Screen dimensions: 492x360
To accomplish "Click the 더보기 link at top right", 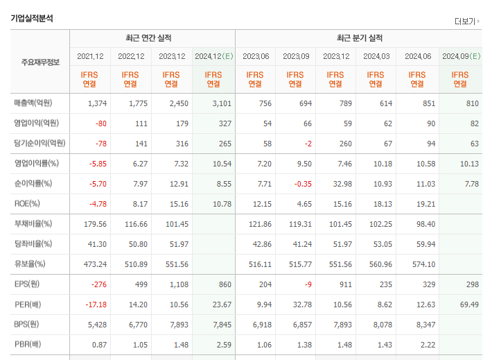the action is click(466, 22).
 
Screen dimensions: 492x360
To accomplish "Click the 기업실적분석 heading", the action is click(32, 18).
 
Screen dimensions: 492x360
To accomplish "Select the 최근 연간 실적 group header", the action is click(148, 38).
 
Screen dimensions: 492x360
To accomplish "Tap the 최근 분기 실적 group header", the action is click(360, 38).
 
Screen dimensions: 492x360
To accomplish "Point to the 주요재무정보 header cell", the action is click(40, 62).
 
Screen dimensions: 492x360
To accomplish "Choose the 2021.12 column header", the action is click(90, 56).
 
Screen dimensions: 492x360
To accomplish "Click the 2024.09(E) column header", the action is click(462, 56).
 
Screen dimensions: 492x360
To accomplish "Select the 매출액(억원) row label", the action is click(33, 103).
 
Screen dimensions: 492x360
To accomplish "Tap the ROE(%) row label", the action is click(27, 203).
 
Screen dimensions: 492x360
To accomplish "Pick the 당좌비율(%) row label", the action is click(33, 243).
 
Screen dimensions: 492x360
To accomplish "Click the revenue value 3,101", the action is click(222, 103).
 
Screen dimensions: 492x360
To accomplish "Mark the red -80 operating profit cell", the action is click(101, 123).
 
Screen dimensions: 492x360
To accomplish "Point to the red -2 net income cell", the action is click(308, 144).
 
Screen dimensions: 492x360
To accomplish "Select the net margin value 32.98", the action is click(342, 184).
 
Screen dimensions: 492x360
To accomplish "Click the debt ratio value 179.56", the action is click(95, 224).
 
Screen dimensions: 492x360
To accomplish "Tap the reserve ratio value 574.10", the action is click(423, 264).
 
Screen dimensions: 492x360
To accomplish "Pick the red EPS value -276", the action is click(99, 284).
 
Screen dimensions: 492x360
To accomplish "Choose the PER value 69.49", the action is click(469, 305).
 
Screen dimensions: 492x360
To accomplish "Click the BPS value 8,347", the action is click(425, 325).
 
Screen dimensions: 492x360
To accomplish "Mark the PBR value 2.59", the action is click(224, 345).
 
